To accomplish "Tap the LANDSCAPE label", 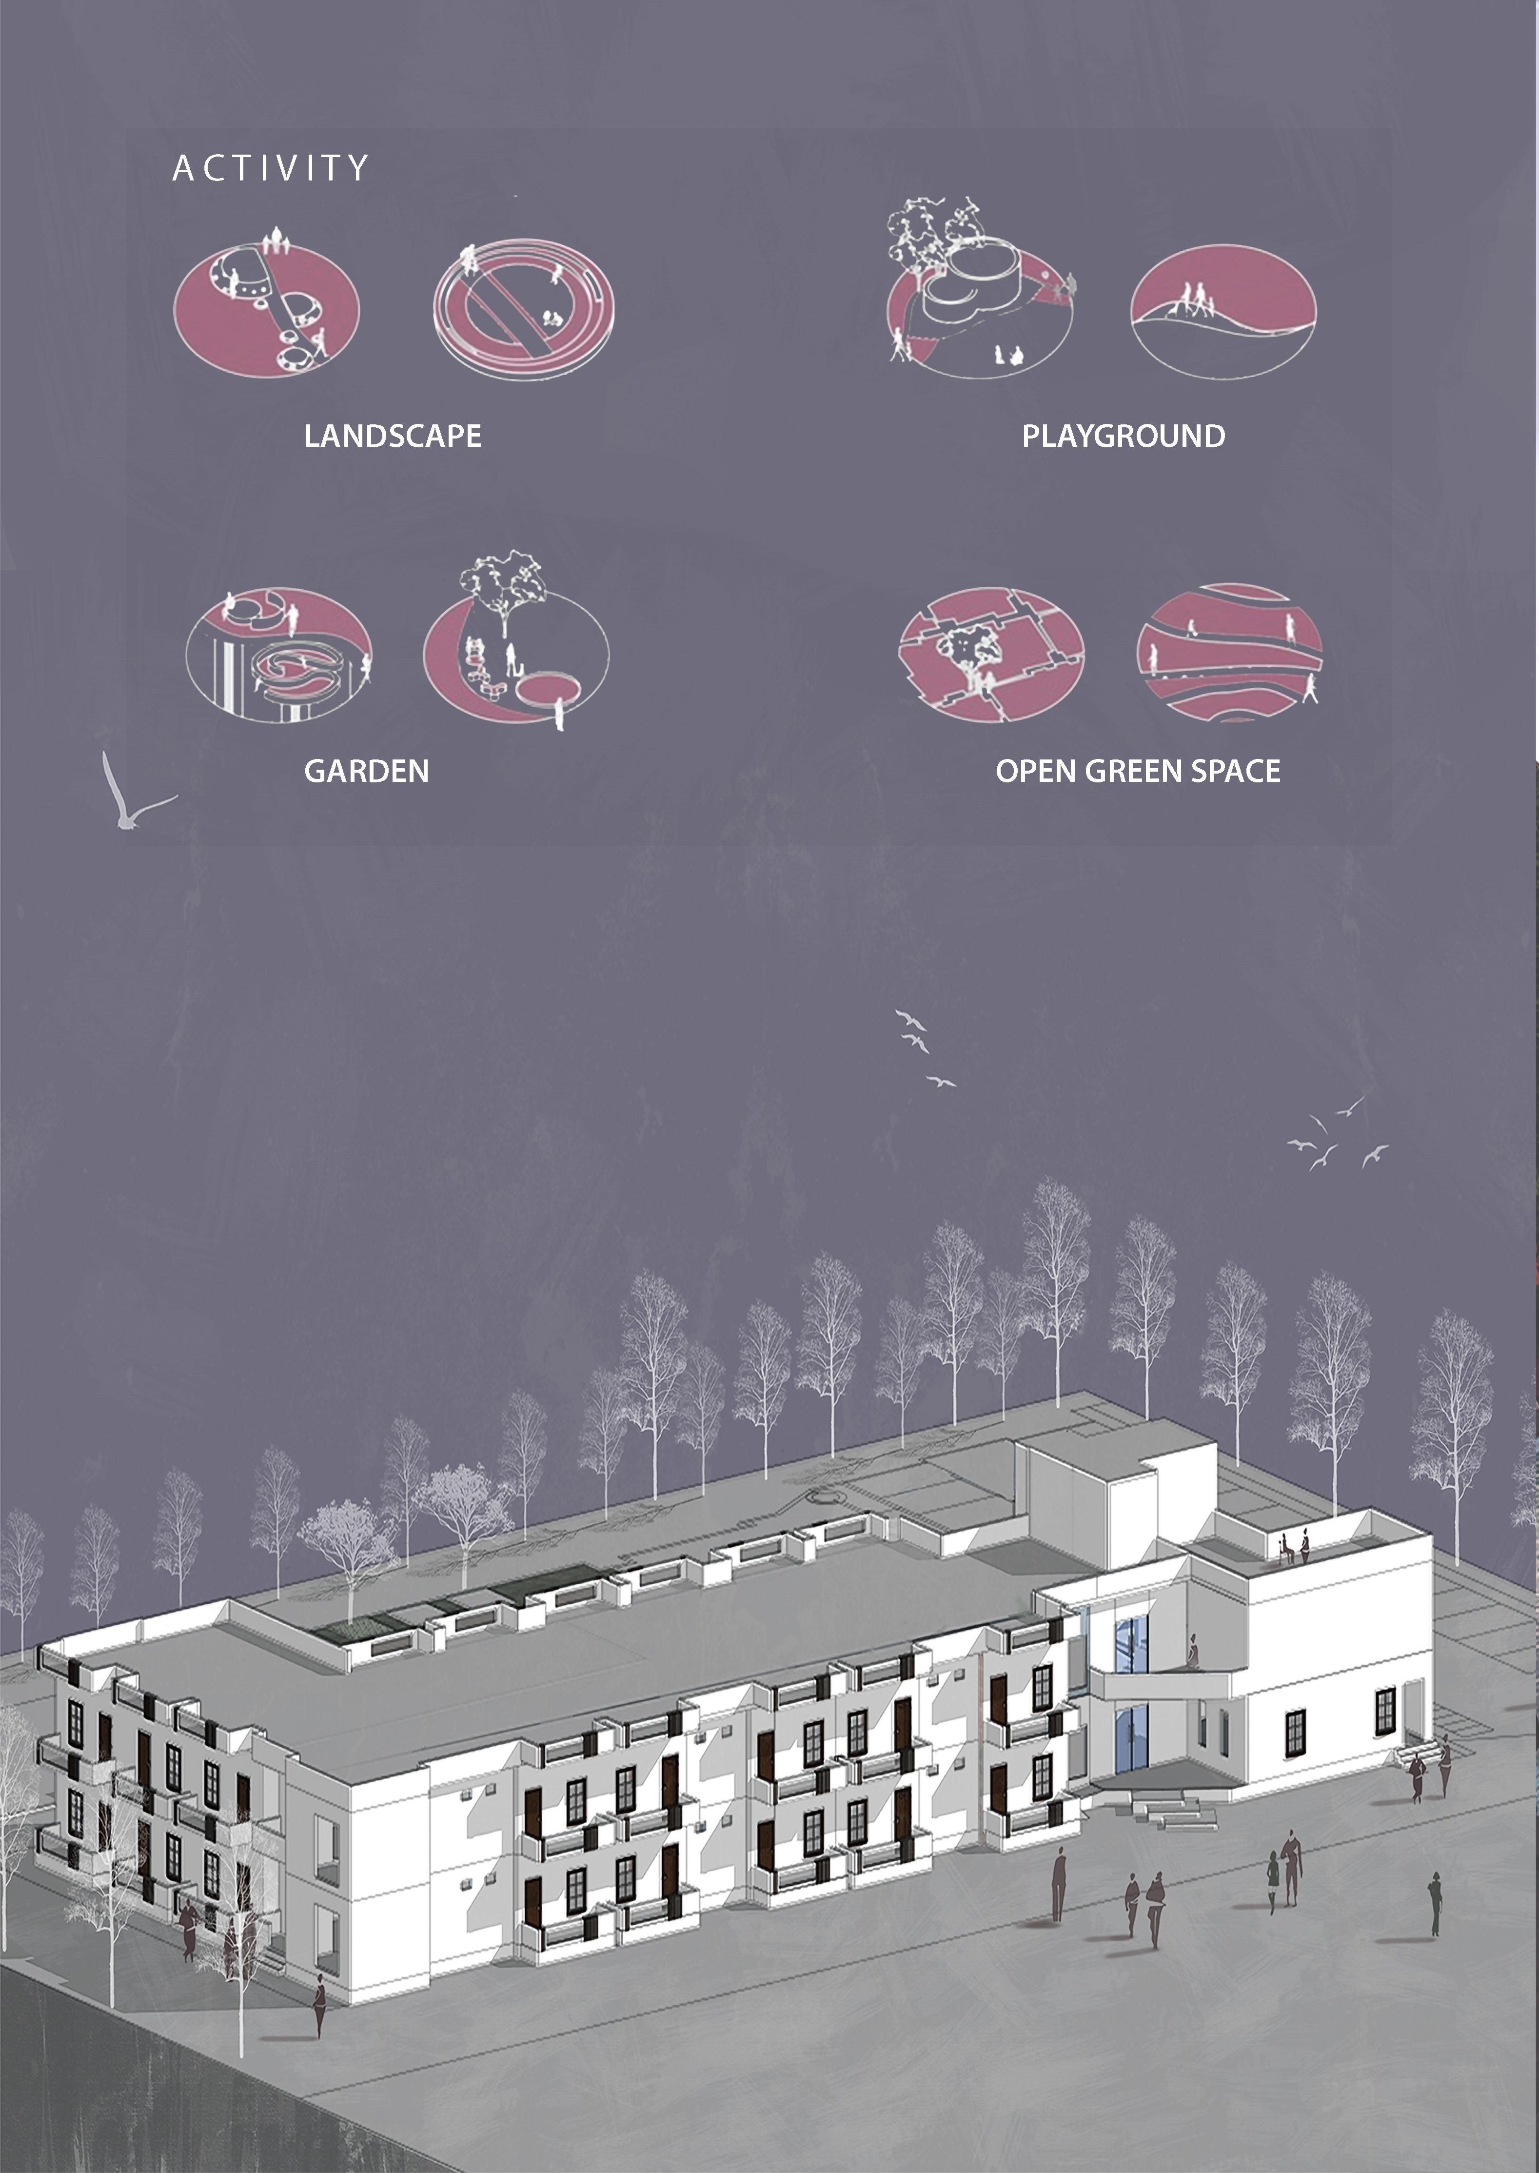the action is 393,436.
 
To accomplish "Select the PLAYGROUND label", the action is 1123,436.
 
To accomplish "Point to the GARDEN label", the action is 366,771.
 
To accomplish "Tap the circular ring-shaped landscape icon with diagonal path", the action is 524,308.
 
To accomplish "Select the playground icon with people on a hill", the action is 1223,311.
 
